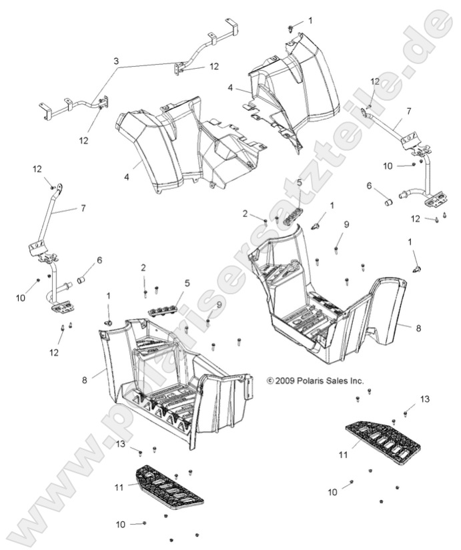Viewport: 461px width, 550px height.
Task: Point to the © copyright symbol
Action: point(270,381)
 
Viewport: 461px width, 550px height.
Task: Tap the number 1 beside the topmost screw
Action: point(310,21)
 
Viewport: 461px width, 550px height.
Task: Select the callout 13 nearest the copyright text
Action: point(424,398)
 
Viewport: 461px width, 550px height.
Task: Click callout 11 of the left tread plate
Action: point(119,488)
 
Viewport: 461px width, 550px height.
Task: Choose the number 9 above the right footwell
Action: point(346,224)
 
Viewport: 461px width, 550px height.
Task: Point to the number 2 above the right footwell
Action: point(245,213)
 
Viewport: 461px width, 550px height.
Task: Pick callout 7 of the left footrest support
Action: point(83,208)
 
